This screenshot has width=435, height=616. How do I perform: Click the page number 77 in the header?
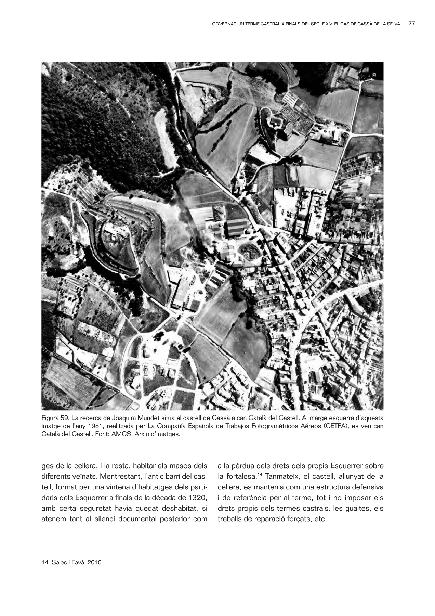tap(412, 24)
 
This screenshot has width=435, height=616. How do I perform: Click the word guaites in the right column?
tap(356, 509)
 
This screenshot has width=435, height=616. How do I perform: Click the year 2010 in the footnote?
tap(95, 562)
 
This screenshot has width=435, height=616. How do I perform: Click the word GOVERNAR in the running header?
tap(223, 24)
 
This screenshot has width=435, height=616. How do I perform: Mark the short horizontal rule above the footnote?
tap(72, 553)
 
